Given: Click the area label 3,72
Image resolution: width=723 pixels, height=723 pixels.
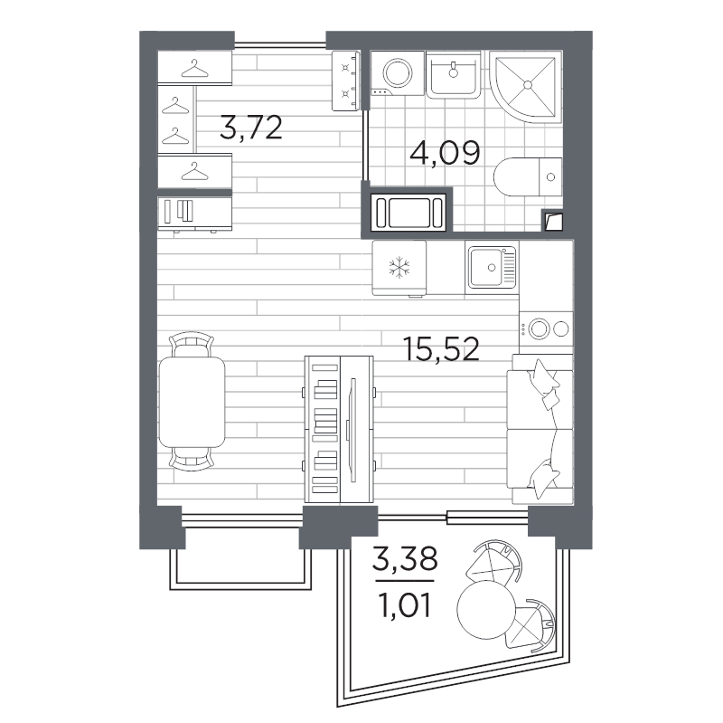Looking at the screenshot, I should [251, 128].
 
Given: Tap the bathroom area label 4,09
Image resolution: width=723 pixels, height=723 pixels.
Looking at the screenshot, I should [444, 152].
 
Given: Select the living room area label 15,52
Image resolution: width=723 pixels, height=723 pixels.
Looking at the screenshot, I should [441, 347].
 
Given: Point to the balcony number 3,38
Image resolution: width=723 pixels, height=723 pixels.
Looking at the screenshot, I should [405, 561].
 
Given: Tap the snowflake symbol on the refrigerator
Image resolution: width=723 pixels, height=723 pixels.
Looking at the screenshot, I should [399, 267].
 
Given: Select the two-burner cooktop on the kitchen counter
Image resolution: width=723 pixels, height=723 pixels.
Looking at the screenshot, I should [546, 328].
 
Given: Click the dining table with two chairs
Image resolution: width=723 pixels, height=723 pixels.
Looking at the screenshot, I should [192, 402].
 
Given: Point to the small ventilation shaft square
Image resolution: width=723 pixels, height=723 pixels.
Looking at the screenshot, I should [553, 221].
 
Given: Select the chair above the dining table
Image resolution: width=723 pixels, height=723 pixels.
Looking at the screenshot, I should [192, 345].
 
